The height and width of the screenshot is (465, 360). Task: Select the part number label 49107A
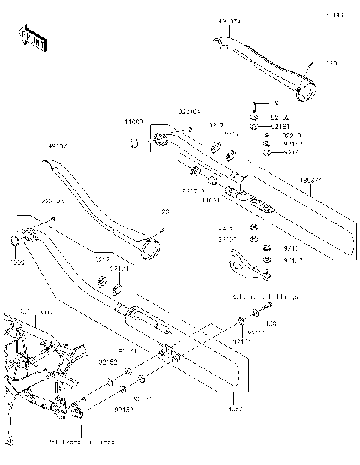230,22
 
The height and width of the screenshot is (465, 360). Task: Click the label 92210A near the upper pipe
189,113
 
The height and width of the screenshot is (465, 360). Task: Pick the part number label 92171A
193,191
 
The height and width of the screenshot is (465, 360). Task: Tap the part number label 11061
211,201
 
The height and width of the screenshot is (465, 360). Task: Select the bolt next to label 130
255,103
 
